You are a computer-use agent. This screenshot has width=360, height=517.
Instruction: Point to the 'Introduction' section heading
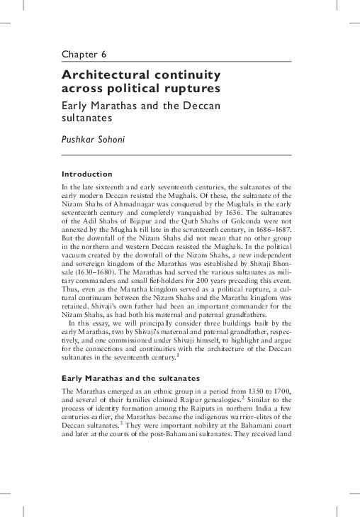click(x=87, y=174)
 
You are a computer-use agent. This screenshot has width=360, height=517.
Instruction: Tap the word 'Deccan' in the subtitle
click(x=198, y=106)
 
